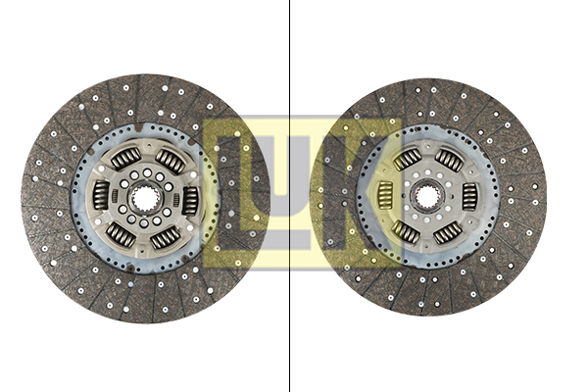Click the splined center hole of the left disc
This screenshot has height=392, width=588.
click(145, 199)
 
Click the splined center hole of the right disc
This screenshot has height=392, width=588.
click(427, 196)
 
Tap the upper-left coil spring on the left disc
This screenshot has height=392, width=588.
click(126, 159)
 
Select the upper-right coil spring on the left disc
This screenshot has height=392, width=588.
click(171, 161)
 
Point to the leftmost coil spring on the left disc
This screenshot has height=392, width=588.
click(101, 195)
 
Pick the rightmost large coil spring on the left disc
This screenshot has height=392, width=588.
click(190, 201)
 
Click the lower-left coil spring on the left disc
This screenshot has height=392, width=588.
click(121, 235)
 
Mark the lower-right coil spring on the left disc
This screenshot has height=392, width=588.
click(166, 238)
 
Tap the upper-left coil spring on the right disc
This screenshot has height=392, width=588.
click(408, 159)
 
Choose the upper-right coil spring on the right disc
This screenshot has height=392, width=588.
click(449, 160)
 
